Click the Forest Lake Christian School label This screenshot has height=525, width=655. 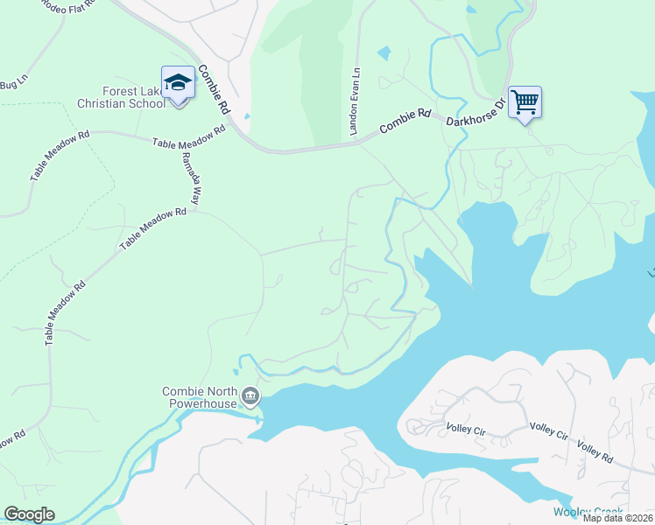pyautogui.click(x=121, y=97)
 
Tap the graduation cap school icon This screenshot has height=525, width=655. pyautogui.click(x=178, y=83)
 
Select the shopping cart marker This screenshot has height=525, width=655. pyautogui.click(x=525, y=102)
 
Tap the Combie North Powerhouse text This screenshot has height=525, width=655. pyautogui.click(x=201, y=398)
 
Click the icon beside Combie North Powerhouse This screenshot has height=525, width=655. pyautogui.click(x=250, y=399)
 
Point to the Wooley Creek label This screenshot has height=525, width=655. pyautogui.click(x=588, y=512)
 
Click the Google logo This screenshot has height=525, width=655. pyautogui.click(x=29, y=514)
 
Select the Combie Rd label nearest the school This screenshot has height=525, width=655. pyautogui.click(x=213, y=90)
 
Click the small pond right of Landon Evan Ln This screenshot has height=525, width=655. pyautogui.click(x=384, y=53)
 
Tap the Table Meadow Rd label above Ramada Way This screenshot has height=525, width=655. pyautogui.click(x=188, y=136)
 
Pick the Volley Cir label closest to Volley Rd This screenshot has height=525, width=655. pyautogui.click(x=550, y=432)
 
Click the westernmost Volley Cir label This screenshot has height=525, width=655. pyautogui.click(x=472, y=429)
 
